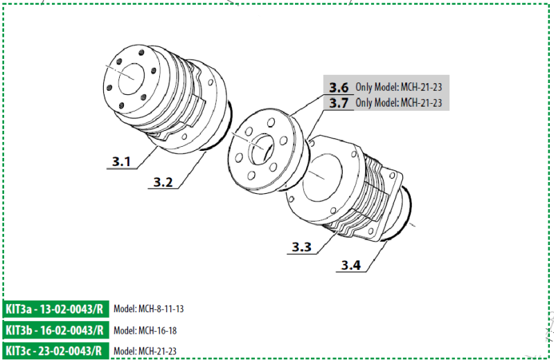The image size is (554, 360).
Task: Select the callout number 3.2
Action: tap(163, 182)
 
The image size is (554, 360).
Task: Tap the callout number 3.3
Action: tap(301, 246)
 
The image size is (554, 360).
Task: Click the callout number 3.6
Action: tap(339, 88)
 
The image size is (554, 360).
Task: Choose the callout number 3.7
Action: tap(339, 103)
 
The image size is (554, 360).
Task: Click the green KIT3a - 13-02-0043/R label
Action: tap(56, 309)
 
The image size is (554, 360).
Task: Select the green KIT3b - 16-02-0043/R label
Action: tap(56, 330)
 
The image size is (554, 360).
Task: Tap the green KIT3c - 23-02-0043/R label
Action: tap(56, 350)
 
